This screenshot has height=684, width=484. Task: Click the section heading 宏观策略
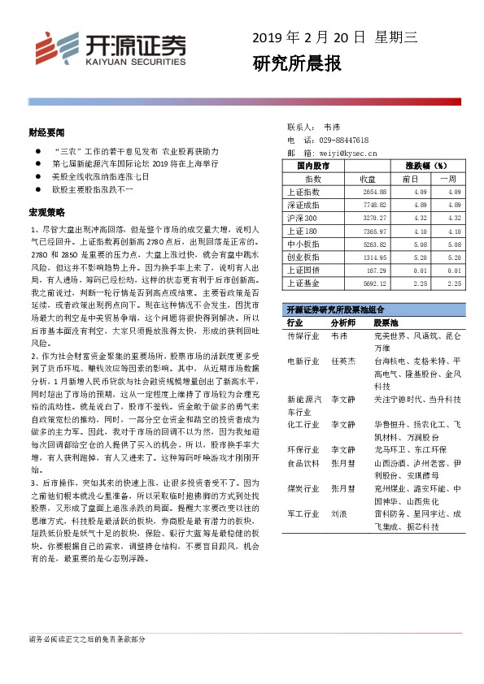tap(46, 213)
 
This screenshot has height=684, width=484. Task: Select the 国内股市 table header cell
tap(313, 166)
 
